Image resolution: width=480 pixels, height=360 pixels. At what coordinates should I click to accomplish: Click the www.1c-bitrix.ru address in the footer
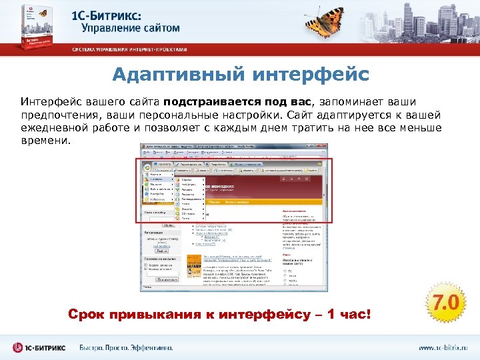tap(443, 347)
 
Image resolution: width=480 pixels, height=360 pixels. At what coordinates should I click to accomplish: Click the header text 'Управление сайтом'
tap(131, 29)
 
